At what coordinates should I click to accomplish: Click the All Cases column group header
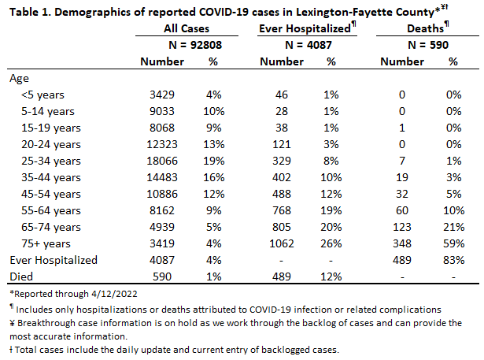click(x=187, y=28)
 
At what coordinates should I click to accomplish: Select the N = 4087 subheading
click(x=309, y=45)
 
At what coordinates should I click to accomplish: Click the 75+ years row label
click(x=46, y=244)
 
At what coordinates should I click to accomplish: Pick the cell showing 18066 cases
click(x=162, y=161)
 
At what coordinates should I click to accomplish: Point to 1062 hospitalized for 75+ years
click(x=282, y=244)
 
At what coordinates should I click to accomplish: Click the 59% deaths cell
click(x=454, y=244)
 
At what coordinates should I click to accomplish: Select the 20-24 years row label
click(x=51, y=145)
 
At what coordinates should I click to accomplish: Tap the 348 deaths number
click(x=402, y=244)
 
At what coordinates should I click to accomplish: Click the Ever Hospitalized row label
click(x=54, y=260)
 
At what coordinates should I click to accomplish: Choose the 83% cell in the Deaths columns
click(x=454, y=260)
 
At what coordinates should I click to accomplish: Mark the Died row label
click(x=21, y=276)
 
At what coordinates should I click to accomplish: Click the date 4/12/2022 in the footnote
click(x=114, y=294)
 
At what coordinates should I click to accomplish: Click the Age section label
click(x=19, y=79)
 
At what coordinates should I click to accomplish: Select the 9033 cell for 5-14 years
click(x=162, y=112)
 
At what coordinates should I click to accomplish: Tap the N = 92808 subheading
click(x=195, y=45)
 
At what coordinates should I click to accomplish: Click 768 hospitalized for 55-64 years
click(x=282, y=211)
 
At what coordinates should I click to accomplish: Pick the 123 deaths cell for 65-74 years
click(x=402, y=227)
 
